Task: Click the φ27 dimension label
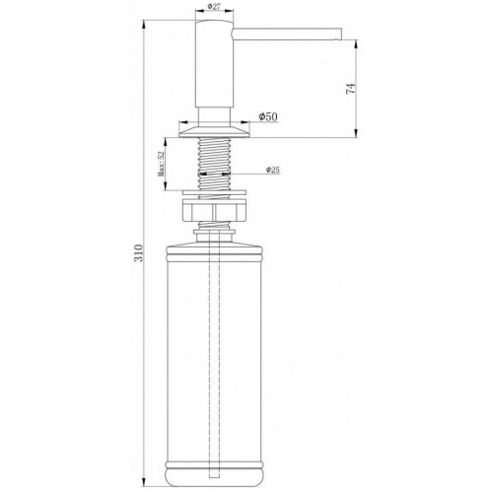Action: [x=215, y=8]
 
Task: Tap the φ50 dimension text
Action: [x=265, y=116]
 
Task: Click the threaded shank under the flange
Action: [x=214, y=158]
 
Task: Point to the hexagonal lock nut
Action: [x=214, y=213]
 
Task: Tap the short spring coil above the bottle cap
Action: [x=214, y=228]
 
